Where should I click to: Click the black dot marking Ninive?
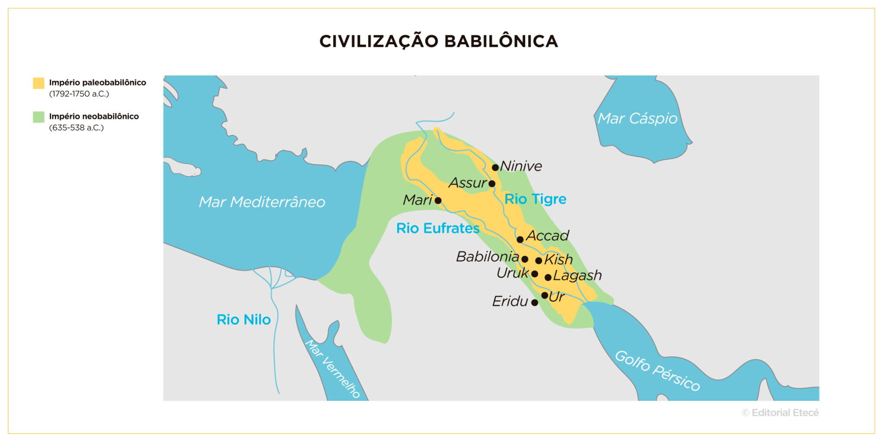495,167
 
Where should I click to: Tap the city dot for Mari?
438,200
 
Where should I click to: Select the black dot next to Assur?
492,183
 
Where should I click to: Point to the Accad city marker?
520,239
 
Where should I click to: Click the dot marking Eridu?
535,302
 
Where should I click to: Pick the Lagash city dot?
548,277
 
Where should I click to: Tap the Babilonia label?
487,257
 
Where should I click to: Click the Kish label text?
558,259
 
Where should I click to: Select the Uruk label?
512,273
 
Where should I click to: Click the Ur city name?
557,296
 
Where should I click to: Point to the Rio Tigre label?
535,199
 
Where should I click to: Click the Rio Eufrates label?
438,228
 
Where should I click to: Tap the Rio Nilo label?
244,320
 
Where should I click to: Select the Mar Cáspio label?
637,118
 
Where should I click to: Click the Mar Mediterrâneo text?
262,202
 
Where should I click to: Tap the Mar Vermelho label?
332,369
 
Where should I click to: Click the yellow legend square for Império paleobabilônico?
39,83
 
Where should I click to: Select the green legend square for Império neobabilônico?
39,117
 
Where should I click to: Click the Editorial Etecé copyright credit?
780,413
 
